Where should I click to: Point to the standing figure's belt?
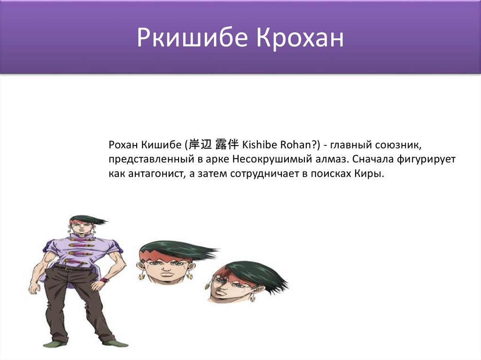[73, 268]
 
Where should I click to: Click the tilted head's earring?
[252, 297]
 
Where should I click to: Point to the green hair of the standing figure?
[87, 219]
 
